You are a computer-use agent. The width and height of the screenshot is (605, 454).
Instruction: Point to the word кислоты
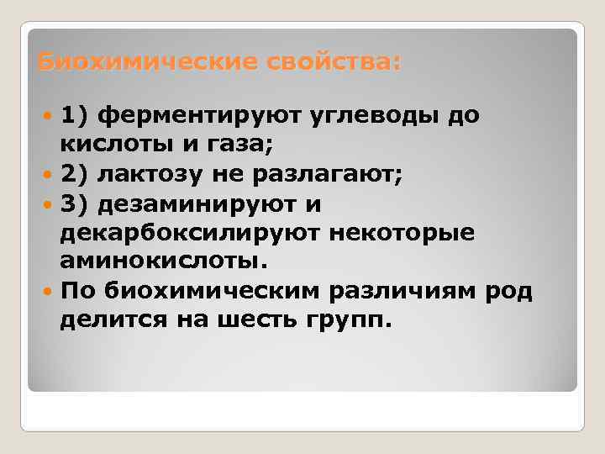[x=111, y=145]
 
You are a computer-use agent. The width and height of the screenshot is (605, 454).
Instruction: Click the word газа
[x=238, y=145]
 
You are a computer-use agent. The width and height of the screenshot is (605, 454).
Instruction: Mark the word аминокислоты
[x=160, y=261]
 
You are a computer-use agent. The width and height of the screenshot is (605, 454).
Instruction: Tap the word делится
[x=107, y=319]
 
